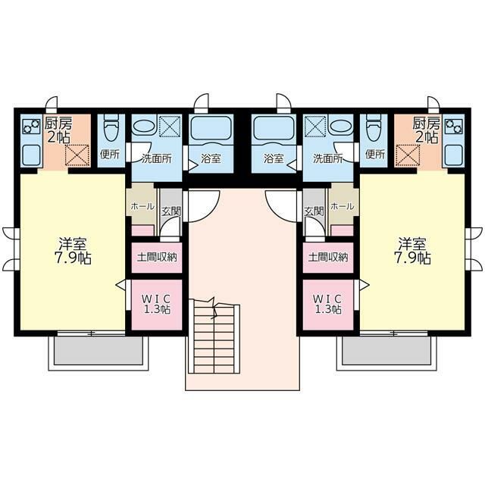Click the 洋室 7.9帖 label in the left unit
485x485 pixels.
coord(73,251)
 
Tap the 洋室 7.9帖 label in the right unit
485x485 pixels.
coord(412,251)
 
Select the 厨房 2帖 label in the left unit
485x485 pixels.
coord(59,130)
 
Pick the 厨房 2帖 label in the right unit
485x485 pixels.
coord(426,130)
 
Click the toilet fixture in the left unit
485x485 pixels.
coord(111,130)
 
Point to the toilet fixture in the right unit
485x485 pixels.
coord(373,130)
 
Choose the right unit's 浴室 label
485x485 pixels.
coord(274,159)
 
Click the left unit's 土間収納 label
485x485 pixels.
coord(156,257)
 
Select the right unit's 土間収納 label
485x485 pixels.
coord(328,257)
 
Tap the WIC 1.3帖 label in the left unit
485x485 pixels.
coord(156,303)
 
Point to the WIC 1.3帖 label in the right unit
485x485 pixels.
coord(328,303)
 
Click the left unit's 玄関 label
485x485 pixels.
coord(171,211)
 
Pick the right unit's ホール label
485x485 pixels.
coord(343,207)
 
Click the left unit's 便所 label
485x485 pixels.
coord(110,155)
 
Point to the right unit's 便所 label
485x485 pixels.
coord(374,155)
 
